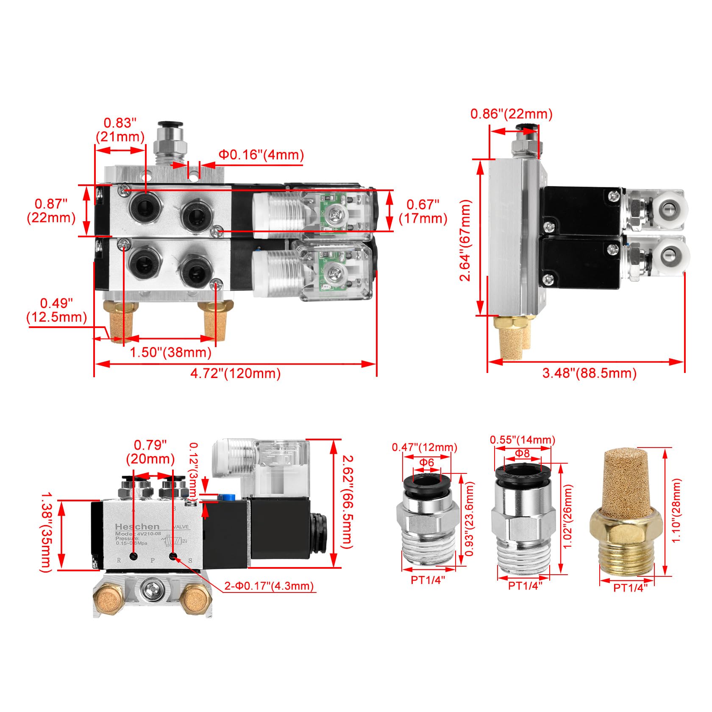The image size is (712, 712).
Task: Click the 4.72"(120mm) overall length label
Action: click(x=235, y=373)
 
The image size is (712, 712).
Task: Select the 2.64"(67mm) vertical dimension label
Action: click(x=466, y=240)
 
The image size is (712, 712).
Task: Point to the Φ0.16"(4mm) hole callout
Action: click(x=261, y=155)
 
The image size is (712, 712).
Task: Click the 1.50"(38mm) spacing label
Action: click(x=170, y=352)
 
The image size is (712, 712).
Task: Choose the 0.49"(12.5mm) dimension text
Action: click(x=57, y=310)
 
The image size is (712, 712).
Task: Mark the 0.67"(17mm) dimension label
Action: click(x=423, y=211)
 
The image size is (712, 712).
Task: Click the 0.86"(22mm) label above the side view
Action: click(x=512, y=114)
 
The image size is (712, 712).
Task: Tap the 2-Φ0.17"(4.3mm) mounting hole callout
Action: click(x=269, y=586)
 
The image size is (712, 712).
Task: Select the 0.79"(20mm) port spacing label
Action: click(x=150, y=452)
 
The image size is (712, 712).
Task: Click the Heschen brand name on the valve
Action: click(x=137, y=527)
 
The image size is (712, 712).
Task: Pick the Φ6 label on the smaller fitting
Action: click(x=427, y=462)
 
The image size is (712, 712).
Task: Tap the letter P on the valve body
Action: click(x=153, y=560)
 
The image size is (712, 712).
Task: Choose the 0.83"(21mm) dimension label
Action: click(x=120, y=130)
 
